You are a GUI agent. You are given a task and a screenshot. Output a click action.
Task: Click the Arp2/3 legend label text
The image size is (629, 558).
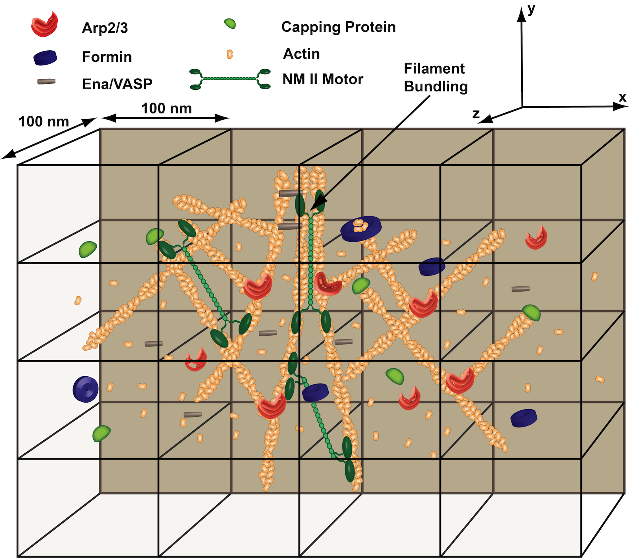(x=105, y=28)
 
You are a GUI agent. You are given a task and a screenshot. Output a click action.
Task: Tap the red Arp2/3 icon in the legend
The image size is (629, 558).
(x=44, y=25)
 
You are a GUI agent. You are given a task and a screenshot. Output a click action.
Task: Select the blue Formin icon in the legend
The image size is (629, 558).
(x=45, y=57)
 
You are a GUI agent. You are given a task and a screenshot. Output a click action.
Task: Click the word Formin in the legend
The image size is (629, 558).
(x=107, y=57)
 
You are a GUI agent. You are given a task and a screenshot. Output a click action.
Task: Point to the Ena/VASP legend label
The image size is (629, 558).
(x=117, y=84)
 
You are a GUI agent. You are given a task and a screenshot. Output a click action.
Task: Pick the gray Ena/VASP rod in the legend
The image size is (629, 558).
(x=46, y=81)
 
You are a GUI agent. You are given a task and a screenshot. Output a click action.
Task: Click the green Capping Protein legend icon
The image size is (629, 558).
(x=230, y=23)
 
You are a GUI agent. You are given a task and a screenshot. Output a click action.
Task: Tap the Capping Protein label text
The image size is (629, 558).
(x=338, y=27)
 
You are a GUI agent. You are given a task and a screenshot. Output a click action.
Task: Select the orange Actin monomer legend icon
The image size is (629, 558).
(x=230, y=54)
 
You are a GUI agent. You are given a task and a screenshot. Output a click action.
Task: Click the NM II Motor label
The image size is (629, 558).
(x=323, y=79)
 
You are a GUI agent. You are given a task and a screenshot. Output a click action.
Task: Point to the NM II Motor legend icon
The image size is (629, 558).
(x=230, y=79)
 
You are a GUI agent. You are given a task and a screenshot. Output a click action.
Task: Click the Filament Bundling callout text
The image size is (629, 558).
(x=436, y=78)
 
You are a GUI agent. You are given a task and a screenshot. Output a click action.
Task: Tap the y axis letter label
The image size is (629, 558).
(x=532, y=9)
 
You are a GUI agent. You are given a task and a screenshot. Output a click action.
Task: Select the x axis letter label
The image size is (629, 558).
(x=622, y=97)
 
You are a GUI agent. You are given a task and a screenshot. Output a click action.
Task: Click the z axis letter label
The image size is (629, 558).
(x=476, y=114)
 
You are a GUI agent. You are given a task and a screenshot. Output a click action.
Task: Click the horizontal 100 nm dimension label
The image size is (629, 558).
(x=166, y=108)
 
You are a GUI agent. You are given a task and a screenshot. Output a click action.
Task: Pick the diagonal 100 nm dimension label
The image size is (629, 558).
(x=44, y=122)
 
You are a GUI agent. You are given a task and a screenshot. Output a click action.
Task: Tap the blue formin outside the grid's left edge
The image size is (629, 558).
(x=85, y=389)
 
